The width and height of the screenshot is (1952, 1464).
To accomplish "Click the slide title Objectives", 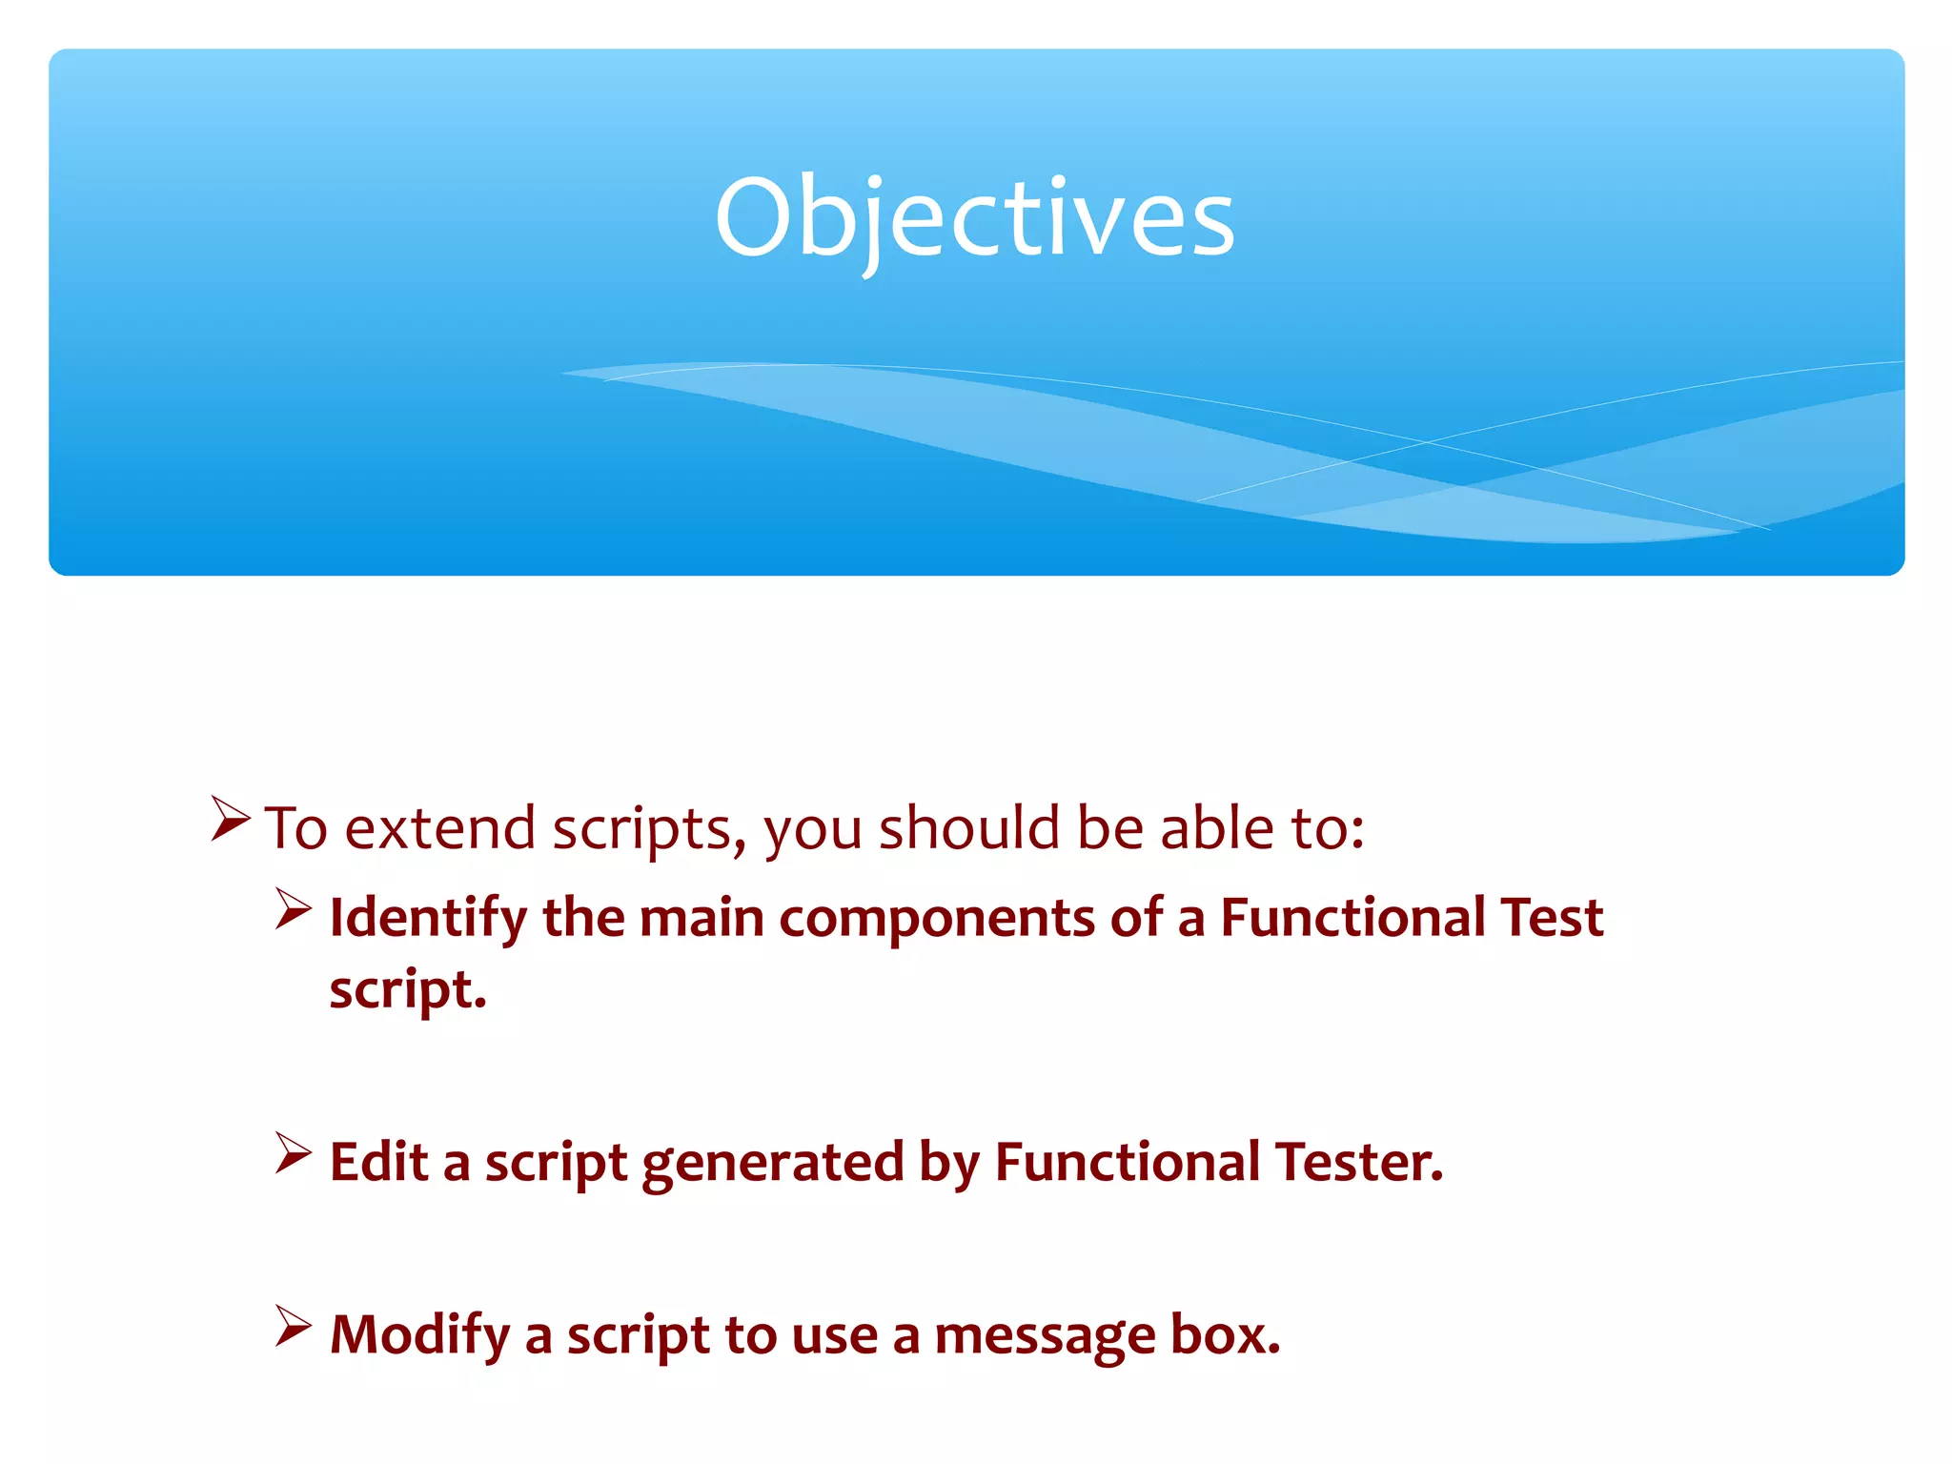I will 974,219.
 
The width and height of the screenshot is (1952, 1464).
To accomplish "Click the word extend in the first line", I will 439,827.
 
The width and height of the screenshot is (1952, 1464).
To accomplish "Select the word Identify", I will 428,918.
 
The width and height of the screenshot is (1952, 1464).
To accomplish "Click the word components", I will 936,918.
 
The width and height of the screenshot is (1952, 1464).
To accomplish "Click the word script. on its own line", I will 408,991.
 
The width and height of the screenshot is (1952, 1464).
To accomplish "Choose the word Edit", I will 378,1162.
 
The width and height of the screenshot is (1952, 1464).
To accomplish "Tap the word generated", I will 772,1164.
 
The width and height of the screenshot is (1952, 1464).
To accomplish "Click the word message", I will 1044,1335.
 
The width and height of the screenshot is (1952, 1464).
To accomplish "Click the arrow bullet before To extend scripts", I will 230,820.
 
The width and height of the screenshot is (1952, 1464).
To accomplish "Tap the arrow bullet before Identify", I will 293,909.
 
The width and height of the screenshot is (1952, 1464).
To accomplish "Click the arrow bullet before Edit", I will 293,1153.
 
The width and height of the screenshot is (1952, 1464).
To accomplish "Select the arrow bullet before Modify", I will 293,1326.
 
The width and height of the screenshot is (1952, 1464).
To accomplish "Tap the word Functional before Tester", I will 1127,1162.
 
